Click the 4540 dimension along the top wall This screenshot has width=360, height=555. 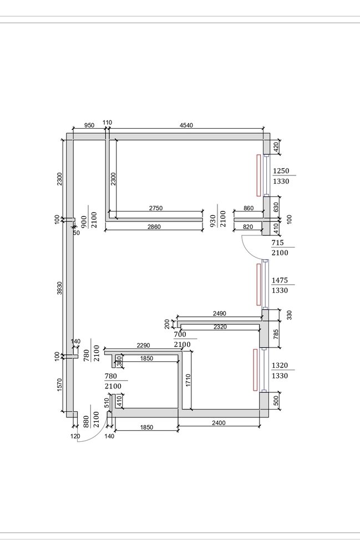[x=186, y=125]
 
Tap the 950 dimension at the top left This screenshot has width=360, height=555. [x=89, y=125]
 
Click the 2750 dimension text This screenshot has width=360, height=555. [x=156, y=208]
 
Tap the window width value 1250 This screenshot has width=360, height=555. [x=281, y=171]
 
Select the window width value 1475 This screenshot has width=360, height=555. [x=281, y=281]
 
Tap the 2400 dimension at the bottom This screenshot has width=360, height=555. [x=219, y=423]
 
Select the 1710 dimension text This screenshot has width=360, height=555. [x=189, y=380]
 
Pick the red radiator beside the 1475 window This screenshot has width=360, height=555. [x=258, y=284]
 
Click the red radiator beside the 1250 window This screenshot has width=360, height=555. [x=258, y=175]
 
